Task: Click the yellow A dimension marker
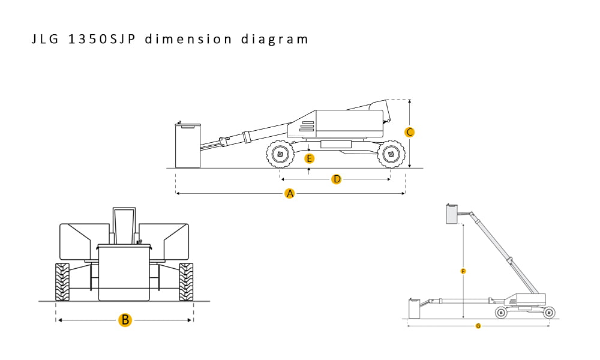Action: [x=290, y=193]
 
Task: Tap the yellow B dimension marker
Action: [x=125, y=320]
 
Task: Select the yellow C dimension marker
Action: [x=409, y=132]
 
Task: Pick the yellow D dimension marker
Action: [x=337, y=179]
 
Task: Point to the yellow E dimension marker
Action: [x=309, y=158]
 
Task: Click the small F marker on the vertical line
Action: [x=463, y=271]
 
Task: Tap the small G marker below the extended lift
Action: [x=478, y=326]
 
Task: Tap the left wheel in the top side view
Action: [x=280, y=155]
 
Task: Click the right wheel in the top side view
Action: [x=391, y=155]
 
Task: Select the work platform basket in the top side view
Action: [x=187, y=145]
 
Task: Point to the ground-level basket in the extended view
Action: [x=414, y=308]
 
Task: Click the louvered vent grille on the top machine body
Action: [x=307, y=126]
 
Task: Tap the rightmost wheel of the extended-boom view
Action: [x=548, y=312]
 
